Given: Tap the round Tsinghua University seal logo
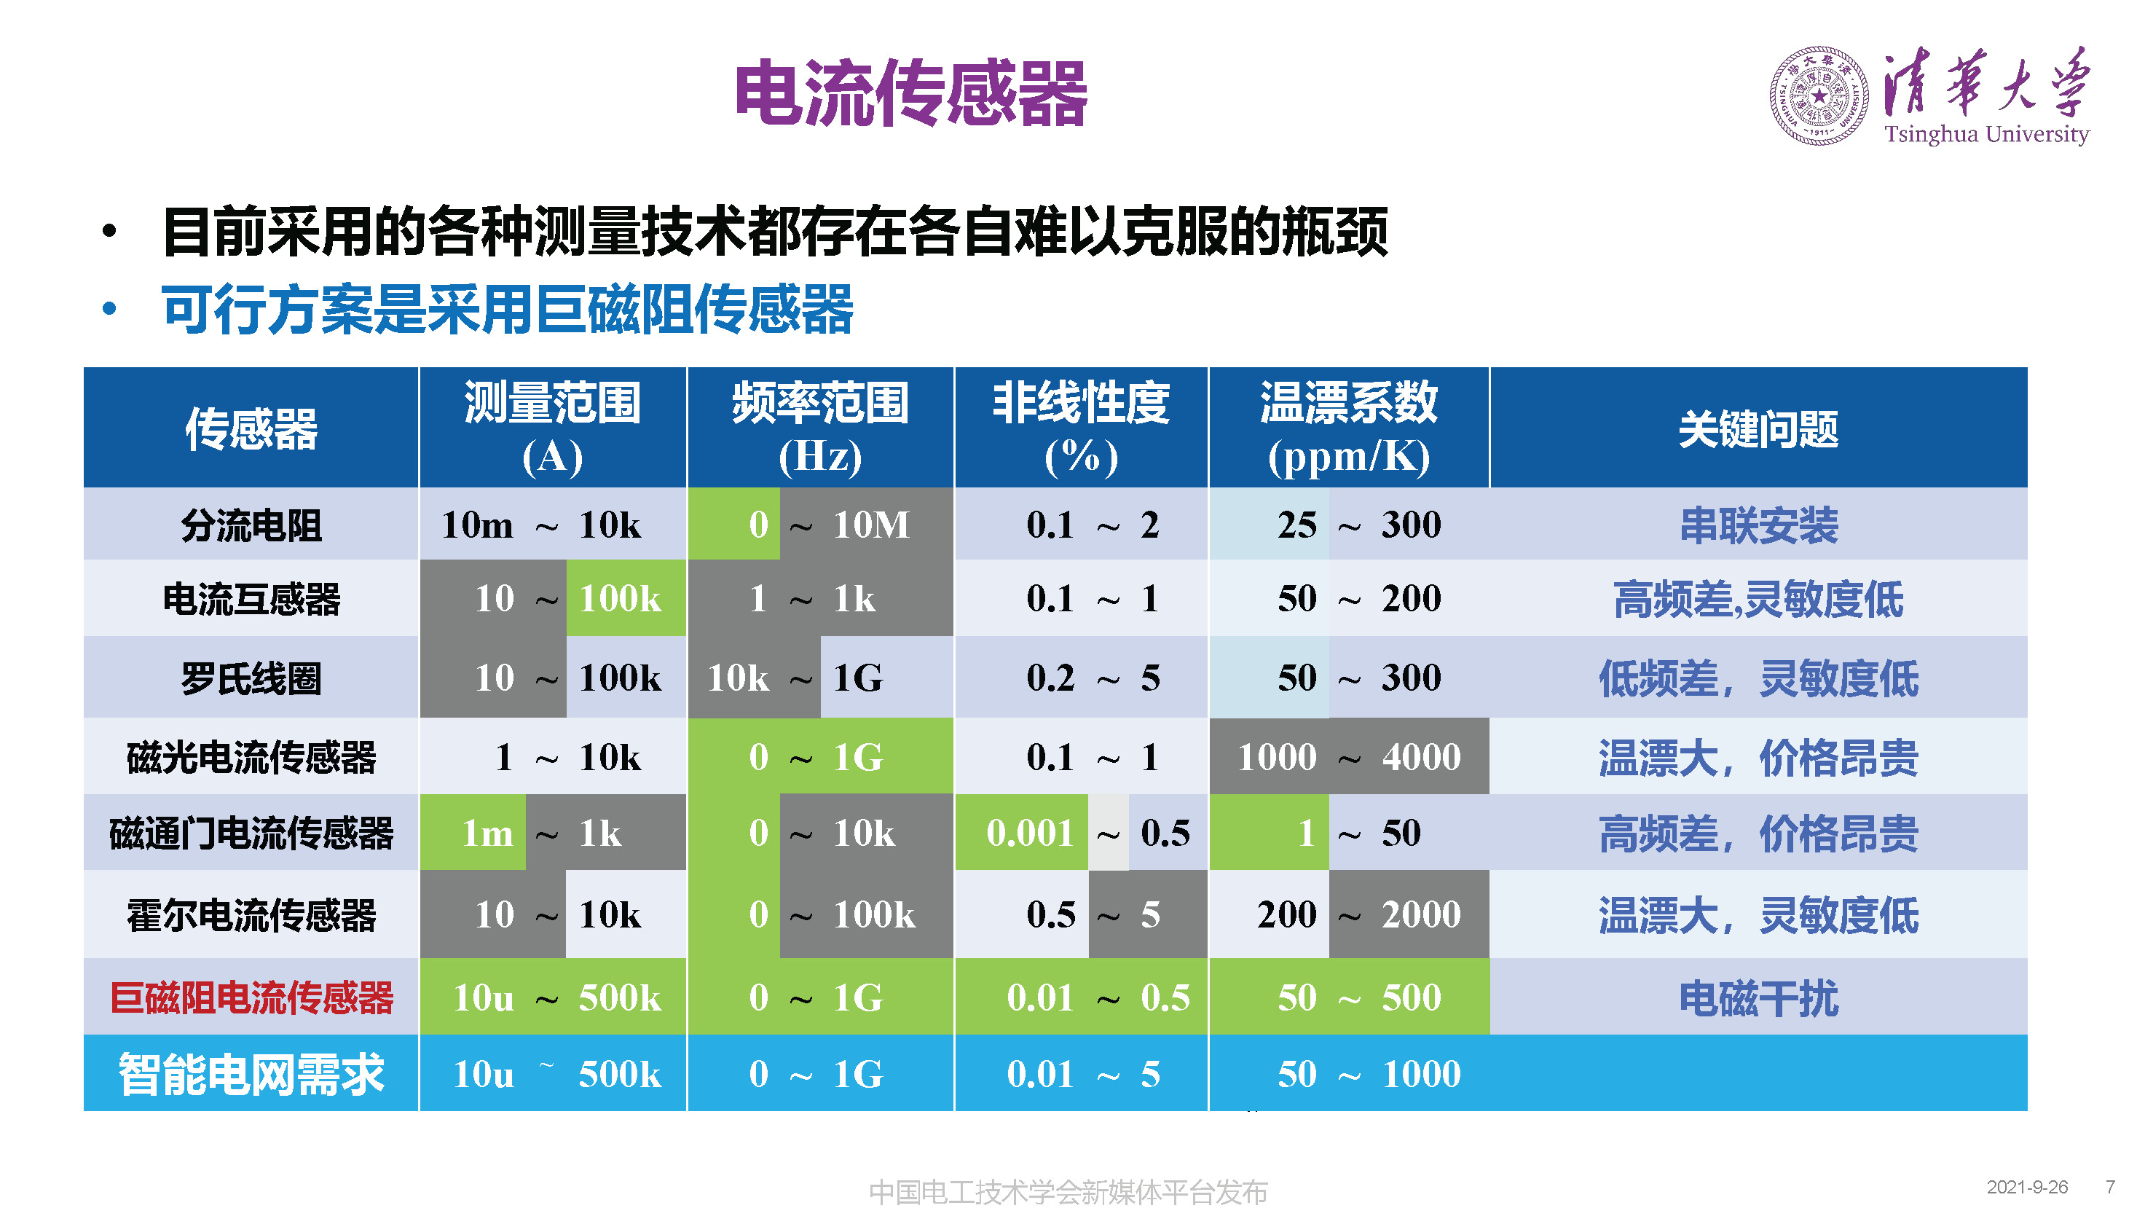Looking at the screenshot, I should (x=1819, y=96).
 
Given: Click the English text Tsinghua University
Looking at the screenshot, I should (x=1986, y=133).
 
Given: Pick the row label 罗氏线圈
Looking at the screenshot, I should (x=251, y=678).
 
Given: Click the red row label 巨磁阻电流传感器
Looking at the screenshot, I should (x=251, y=997).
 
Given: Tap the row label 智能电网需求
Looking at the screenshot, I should (x=251, y=1074).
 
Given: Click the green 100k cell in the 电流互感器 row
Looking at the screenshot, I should (x=620, y=598).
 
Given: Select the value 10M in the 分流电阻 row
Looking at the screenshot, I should (x=871, y=525).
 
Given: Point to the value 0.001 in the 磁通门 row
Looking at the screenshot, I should (x=1029, y=832).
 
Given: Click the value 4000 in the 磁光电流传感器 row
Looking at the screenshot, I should (x=1420, y=757).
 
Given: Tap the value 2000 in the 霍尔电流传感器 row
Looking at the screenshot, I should (x=1420, y=914).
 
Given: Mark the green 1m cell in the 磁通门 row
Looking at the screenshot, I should (x=487, y=832).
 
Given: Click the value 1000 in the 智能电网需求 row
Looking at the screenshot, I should (x=1420, y=1074).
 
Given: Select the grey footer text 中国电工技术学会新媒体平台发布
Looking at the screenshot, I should (x=1068, y=1191).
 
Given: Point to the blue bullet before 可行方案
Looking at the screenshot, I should (x=109, y=310).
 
